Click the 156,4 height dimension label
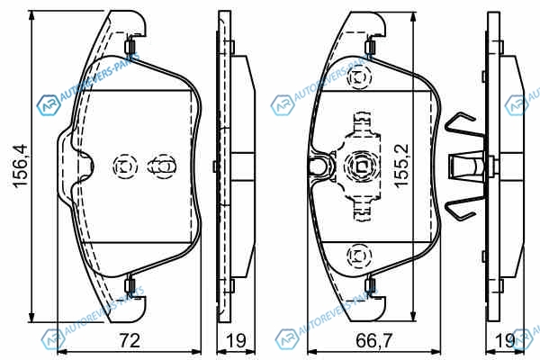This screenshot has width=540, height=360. click(x=20, y=166)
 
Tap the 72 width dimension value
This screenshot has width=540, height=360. click(x=130, y=340)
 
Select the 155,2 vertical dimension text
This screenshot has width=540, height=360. click(x=401, y=166)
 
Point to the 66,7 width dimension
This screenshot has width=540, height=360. click(x=374, y=340)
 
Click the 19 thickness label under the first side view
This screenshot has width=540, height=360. click(x=236, y=340)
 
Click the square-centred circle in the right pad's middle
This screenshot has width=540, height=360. click(x=361, y=166)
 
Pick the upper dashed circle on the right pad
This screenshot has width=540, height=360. click(x=359, y=77)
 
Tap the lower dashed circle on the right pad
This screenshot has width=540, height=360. click(x=359, y=256)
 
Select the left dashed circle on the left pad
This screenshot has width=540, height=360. click(x=125, y=166)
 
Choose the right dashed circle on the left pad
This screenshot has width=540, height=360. click(x=163, y=166)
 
